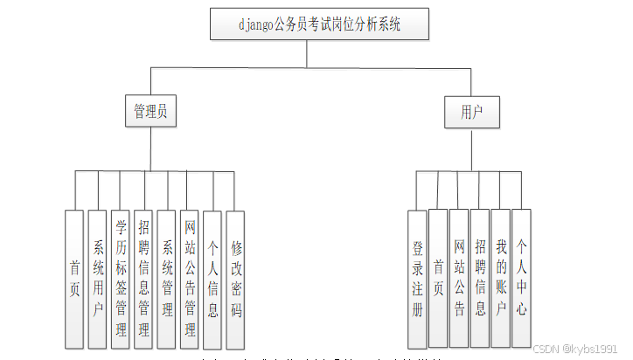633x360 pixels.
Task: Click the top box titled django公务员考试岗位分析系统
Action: coord(319,24)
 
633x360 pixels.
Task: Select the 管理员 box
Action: coord(150,112)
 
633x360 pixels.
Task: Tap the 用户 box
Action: coord(471,112)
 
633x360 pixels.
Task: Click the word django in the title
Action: coord(255,24)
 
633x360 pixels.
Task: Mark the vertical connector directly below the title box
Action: coord(306,52)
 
